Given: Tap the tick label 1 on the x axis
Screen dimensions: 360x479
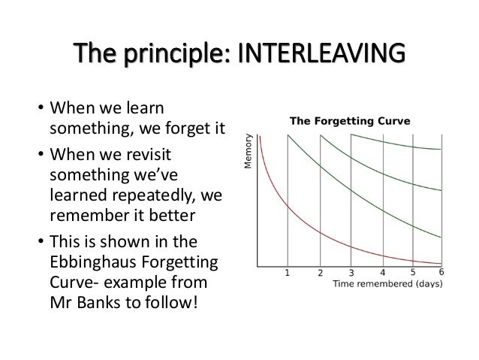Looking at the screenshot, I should coord(288,273).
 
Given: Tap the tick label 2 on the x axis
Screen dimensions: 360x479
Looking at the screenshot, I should coord(320,273).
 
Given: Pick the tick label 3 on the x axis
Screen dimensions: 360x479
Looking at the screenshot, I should coord(351,273).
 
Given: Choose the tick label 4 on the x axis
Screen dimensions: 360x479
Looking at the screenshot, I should coord(383,273).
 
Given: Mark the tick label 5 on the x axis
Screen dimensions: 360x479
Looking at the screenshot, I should coord(414,272).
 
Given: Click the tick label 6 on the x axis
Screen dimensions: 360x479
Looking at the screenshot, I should coord(442,272).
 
